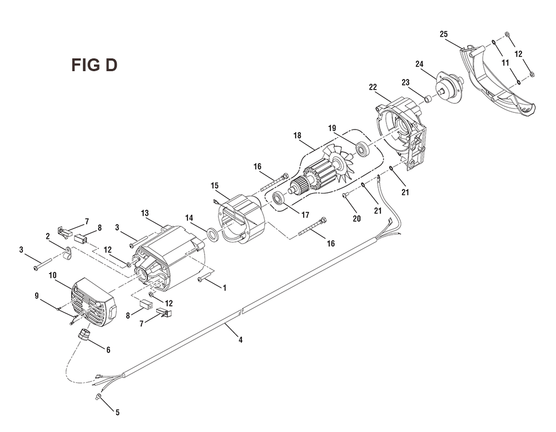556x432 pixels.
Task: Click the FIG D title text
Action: point(95,65)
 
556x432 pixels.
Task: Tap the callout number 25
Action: point(444,34)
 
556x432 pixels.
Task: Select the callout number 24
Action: point(419,64)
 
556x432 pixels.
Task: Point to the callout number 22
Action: point(373,87)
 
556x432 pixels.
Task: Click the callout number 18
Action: point(297,135)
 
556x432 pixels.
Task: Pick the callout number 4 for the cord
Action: point(240,340)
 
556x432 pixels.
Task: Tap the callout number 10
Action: point(52,275)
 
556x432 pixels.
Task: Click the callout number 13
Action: point(145,213)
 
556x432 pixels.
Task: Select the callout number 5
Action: point(117,413)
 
